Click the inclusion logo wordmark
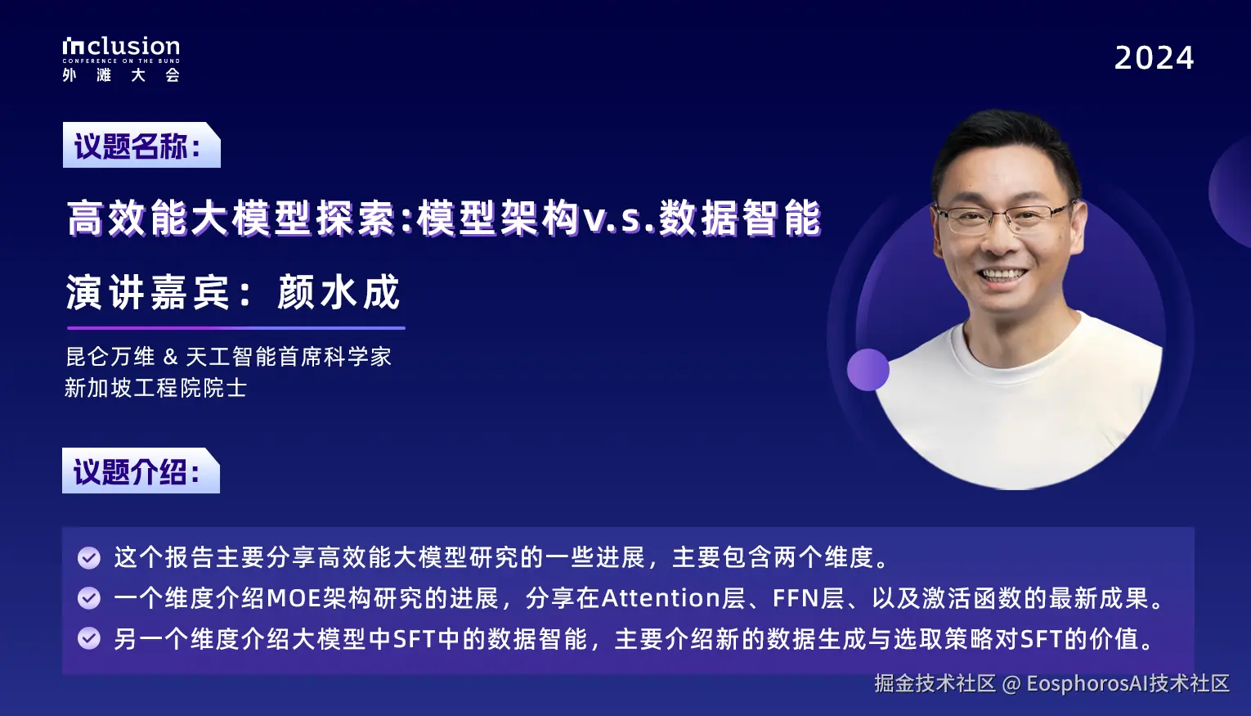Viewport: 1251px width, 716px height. (x=121, y=47)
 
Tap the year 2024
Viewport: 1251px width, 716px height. (x=1154, y=58)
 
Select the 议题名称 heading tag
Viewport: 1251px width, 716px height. (x=139, y=146)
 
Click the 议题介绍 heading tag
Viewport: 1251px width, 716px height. (x=139, y=471)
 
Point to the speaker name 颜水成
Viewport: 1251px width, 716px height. (x=339, y=293)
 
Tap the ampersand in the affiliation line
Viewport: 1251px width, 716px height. (x=170, y=357)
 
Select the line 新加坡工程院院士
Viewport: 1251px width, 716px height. (x=155, y=388)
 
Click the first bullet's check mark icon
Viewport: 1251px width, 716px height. (x=89, y=558)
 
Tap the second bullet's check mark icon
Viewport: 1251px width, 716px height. (x=89, y=598)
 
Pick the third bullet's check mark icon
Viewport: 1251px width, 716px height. (x=89, y=638)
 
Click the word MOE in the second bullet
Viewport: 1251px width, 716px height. (x=294, y=598)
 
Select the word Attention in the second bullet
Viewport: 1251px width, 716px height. (x=661, y=598)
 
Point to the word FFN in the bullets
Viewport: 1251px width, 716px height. (x=796, y=598)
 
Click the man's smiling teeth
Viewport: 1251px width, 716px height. (x=1002, y=276)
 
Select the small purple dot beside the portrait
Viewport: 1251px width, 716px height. (x=868, y=370)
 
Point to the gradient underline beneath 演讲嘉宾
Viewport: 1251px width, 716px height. (x=235, y=328)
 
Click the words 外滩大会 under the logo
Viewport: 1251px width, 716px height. (x=121, y=75)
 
